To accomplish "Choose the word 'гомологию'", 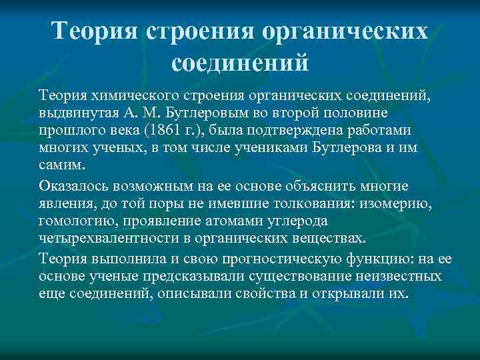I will pos(71,219).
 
